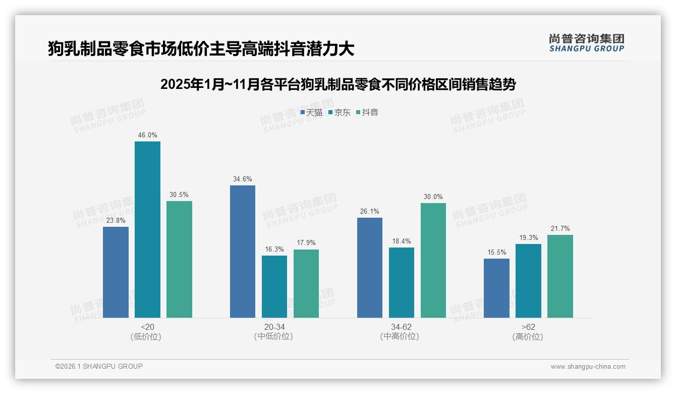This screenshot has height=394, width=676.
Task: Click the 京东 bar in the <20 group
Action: coord(147,229)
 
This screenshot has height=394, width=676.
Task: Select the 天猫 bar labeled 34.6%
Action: coord(243,252)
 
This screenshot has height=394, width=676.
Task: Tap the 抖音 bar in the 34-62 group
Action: coord(433,260)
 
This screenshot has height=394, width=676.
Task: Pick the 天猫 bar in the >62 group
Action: coord(496,288)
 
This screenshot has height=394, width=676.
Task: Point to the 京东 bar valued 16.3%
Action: coord(274,286)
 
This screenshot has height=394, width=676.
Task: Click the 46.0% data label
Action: coord(147,135)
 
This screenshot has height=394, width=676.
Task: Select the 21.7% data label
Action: coord(560,229)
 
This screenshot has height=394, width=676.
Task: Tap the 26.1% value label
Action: coord(370,212)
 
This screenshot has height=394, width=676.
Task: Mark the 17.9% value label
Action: coord(306,243)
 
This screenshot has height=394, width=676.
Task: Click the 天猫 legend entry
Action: coord(311,113)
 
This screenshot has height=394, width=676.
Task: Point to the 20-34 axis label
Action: coord(274,327)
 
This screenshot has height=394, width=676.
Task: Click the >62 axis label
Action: coord(528,327)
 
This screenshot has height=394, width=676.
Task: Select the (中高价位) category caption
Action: coord(401,337)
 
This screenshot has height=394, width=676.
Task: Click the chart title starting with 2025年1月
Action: coord(337,84)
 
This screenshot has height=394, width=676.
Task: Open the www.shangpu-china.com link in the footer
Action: coord(588,367)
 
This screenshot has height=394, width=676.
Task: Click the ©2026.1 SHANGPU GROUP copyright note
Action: coord(99,366)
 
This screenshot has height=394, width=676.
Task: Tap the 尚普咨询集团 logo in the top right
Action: coord(586,43)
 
